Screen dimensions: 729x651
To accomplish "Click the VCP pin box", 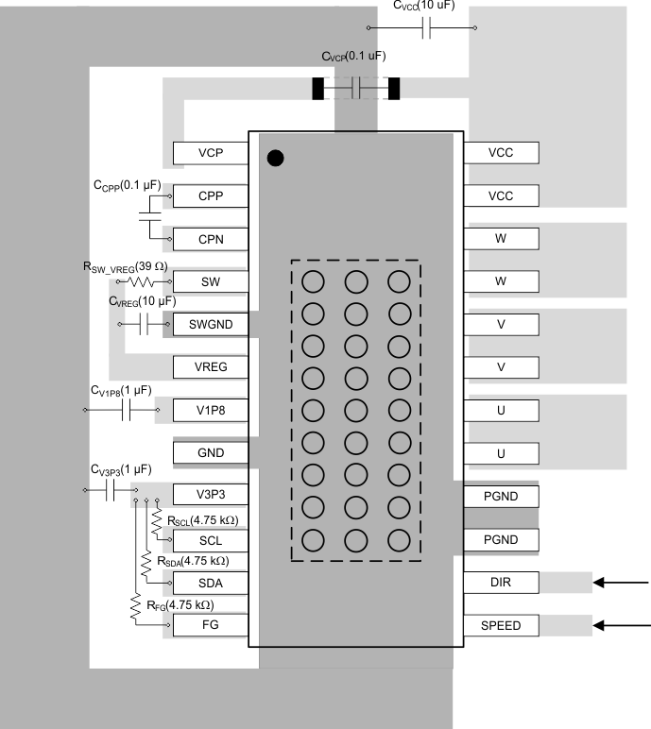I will click(210, 153).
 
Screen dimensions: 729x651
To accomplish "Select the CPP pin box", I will click(210, 195).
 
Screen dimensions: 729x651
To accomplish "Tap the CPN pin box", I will click(210, 239).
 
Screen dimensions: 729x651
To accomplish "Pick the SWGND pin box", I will click(210, 324).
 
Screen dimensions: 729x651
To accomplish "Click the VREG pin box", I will click(210, 366).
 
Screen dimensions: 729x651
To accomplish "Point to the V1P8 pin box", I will click(210, 410).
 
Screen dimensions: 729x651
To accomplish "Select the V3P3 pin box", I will click(210, 496).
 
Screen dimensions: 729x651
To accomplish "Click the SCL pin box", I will click(210, 540).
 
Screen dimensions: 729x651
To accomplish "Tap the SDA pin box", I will click(210, 583).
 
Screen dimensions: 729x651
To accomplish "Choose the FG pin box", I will click(210, 625).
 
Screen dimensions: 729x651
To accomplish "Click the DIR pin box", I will click(501, 582).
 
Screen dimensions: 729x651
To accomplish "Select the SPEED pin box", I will click(501, 625).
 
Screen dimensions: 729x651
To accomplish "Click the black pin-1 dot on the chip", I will click(275, 158).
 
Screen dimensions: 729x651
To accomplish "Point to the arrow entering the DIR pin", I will click(622, 583).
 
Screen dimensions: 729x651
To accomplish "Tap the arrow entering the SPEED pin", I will click(622, 625).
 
